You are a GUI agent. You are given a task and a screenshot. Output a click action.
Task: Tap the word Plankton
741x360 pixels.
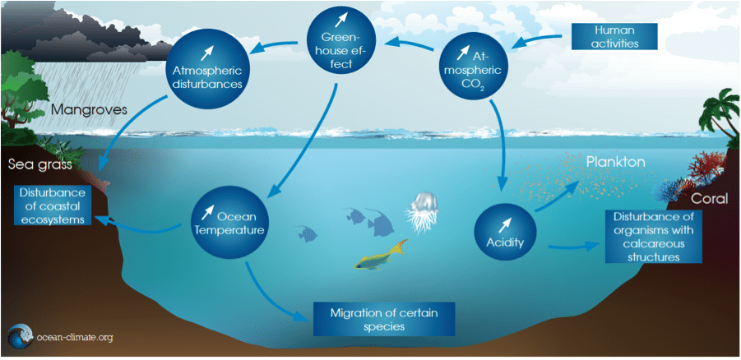tap(614, 163)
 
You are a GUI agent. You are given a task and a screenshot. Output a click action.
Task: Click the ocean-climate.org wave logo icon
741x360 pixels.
tap(19, 338)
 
